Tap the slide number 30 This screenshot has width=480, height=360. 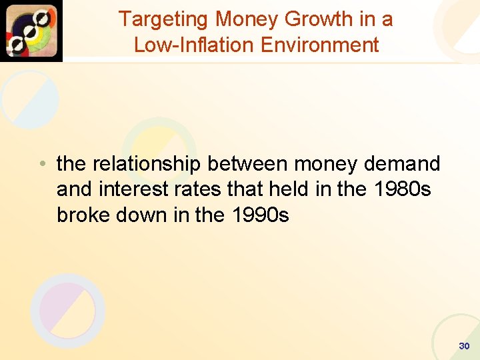point(464,346)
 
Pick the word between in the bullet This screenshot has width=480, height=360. point(248,163)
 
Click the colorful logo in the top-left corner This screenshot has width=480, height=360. point(31,31)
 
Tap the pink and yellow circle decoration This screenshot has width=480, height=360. point(67,310)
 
